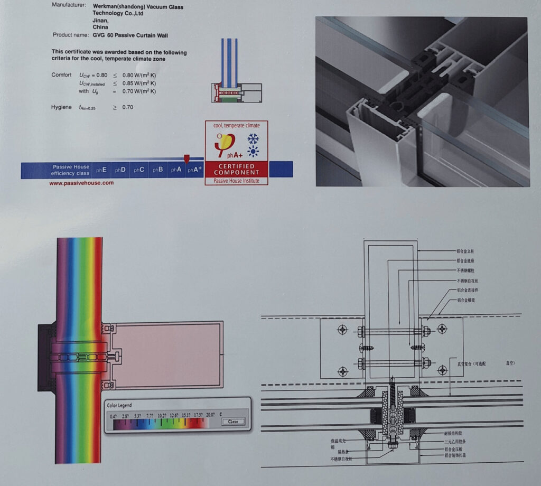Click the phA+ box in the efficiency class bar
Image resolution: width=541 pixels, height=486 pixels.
pyautogui.click(x=194, y=170)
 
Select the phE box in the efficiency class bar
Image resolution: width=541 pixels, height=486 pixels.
pyautogui.click(x=101, y=170)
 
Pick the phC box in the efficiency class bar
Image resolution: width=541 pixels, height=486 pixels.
pyautogui.click(x=139, y=170)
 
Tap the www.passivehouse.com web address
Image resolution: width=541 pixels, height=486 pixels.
pyautogui.click(x=81, y=183)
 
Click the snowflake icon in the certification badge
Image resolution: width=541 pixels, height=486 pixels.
pyautogui.click(x=253, y=139)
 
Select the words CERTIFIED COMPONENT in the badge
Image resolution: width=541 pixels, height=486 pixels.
pyautogui.click(x=236, y=169)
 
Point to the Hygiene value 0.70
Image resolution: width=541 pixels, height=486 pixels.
pyautogui.click(x=127, y=107)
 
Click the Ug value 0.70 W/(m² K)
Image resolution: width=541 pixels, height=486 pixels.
pyautogui.click(x=139, y=91)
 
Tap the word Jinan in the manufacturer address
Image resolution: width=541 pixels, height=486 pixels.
pyautogui.click(x=100, y=21)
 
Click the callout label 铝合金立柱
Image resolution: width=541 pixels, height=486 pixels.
pyautogui.click(x=468, y=252)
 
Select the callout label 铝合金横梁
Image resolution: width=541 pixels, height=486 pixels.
pyautogui.click(x=468, y=300)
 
